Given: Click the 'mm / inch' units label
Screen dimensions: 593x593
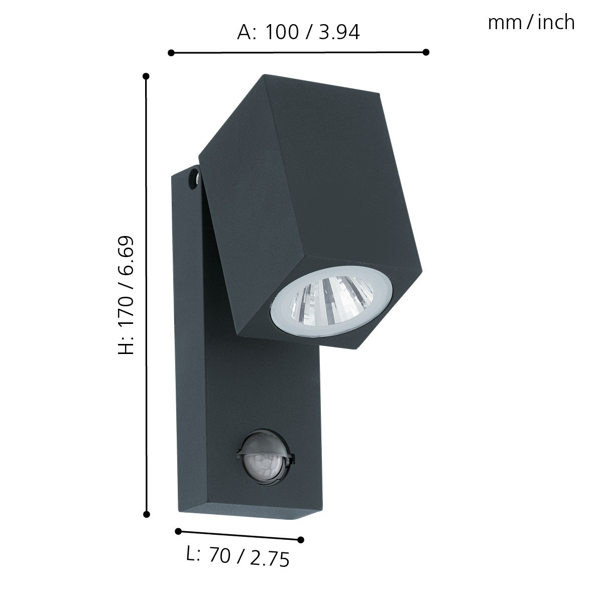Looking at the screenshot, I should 531,23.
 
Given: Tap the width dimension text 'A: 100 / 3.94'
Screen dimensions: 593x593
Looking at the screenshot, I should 298,33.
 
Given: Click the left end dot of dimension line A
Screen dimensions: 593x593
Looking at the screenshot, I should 171,52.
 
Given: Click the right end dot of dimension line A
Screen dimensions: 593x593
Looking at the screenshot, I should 426,52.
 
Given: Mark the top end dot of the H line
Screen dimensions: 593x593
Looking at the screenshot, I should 146,76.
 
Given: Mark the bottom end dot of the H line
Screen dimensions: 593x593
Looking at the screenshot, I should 147,514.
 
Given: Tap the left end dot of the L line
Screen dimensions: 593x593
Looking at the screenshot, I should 178,531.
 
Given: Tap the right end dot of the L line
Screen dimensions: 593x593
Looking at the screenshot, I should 301,540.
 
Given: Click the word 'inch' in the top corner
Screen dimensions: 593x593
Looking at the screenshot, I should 556,23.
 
